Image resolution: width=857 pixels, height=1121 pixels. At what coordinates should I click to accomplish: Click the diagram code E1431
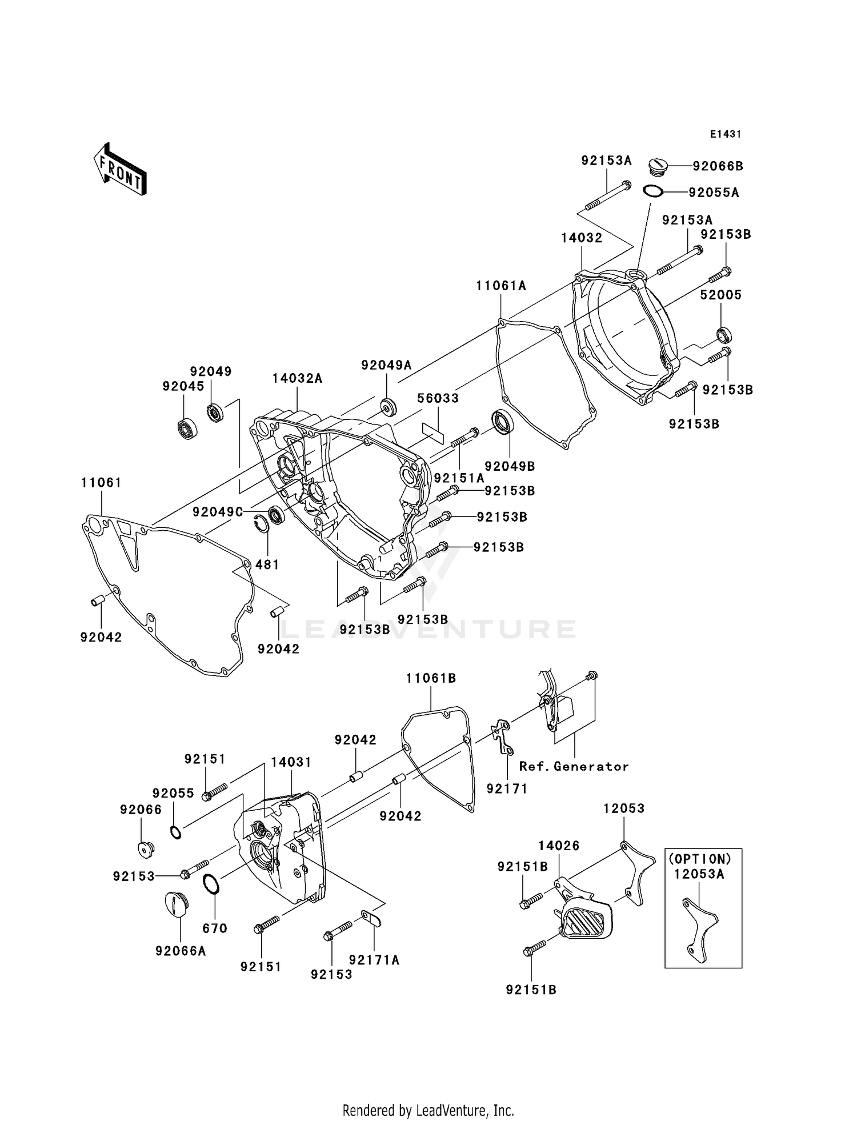(725, 134)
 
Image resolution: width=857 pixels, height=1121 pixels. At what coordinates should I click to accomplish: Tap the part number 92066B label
(718, 166)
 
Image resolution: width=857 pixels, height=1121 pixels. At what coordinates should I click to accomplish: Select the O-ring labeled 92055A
(653, 191)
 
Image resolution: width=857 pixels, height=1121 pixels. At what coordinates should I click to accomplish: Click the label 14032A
(297, 378)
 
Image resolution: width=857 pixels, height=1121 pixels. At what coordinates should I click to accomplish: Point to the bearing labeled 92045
(187, 428)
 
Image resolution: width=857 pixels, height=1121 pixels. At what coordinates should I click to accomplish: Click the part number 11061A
(501, 286)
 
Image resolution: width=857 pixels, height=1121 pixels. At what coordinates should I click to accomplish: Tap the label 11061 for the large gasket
(101, 483)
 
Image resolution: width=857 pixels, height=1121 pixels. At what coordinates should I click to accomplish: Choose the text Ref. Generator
(574, 767)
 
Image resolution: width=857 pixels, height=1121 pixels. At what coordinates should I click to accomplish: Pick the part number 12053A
(699, 874)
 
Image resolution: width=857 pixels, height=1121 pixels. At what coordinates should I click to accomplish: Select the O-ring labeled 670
(211, 884)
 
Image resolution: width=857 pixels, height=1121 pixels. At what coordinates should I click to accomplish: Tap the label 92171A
(374, 960)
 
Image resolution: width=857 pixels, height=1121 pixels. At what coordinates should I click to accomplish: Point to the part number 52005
(721, 295)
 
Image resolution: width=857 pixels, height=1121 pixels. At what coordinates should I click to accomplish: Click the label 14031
(291, 762)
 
